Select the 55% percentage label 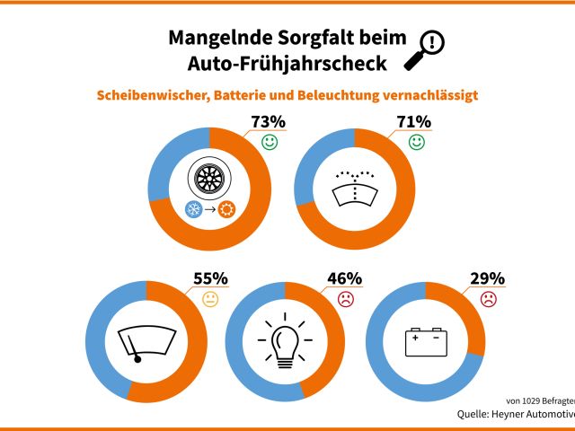click(211, 278)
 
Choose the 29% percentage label click(488, 278)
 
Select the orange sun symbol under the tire click(226, 209)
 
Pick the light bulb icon click(285, 341)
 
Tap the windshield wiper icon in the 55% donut click(146, 342)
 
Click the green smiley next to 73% click(270, 143)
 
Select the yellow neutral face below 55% click(210, 300)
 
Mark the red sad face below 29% click(488, 300)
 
